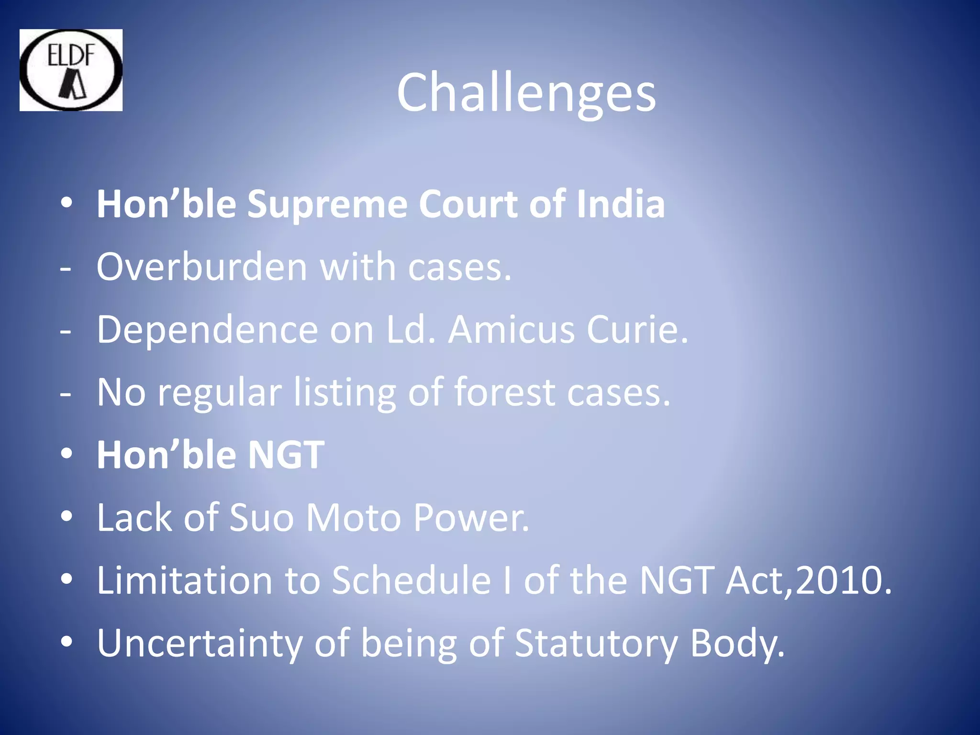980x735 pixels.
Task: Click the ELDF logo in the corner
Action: tap(71, 70)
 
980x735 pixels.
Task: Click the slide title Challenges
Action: tap(526, 92)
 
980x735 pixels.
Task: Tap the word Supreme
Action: tap(327, 204)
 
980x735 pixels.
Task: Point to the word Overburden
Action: tap(201, 267)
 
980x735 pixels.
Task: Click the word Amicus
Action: tap(511, 330)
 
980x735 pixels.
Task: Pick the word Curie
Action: tap(637, 330)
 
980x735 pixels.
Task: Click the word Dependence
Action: tap(207, 330)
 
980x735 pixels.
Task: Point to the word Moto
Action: tap(353, 518)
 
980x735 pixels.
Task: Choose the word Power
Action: tap(471, 518)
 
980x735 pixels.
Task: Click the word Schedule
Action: tap(411, 580)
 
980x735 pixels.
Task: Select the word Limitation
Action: tap(185, 580)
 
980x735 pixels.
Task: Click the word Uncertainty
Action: tap(200, 644)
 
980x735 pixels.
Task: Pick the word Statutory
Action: tap(596, 644)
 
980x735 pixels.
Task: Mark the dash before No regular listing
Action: tap(66, 394)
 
